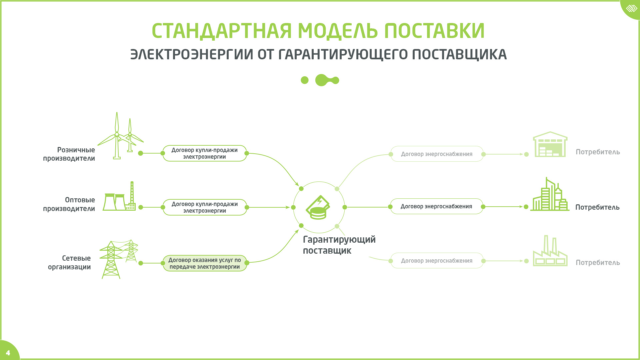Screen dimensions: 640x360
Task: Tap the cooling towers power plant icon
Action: coord(119,196)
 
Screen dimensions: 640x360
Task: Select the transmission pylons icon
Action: coord(119,259)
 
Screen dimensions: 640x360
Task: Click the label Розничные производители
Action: coord(69,154)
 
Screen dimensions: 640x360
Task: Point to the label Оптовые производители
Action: coord(69,204)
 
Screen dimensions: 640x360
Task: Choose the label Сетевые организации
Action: coord(69,262)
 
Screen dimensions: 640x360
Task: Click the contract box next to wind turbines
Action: coord(205,153)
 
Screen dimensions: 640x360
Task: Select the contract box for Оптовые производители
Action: coord(205,207)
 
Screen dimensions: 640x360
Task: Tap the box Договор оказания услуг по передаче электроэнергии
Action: coord(205,263)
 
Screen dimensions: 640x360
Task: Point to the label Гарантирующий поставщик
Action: coord(339,245)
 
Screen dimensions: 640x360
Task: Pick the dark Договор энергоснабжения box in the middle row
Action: coord(436,206)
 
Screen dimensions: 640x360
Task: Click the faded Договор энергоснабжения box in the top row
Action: coord(437,154)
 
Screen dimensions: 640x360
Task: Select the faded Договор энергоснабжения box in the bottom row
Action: coord(437,261)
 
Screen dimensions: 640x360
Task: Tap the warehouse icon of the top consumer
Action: coord(550,144)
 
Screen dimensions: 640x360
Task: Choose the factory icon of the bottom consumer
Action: coord(550,251)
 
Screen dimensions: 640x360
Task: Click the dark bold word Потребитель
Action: coord(597,207)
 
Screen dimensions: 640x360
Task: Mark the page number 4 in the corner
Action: coord(8,353)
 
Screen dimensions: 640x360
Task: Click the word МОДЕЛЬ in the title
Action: coord(338,31)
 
